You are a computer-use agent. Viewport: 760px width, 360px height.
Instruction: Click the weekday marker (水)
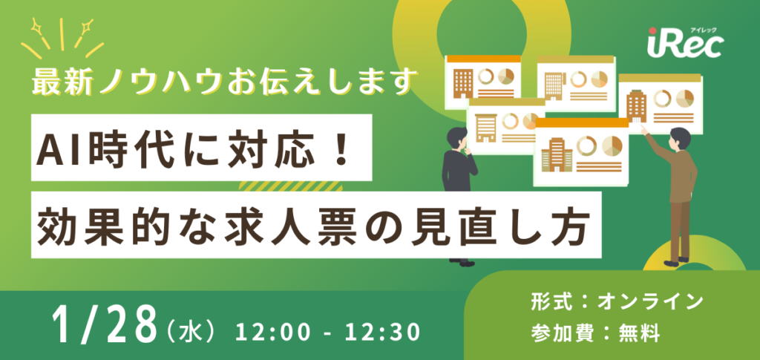coord(190,327)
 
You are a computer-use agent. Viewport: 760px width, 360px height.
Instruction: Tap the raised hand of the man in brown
coord(644,127)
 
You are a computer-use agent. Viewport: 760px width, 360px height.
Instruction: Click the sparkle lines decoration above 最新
coord(62,37)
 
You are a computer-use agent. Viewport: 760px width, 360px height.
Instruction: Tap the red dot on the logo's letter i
coord(650,32)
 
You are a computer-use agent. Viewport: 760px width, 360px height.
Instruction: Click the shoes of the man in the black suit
coord(462,261)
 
